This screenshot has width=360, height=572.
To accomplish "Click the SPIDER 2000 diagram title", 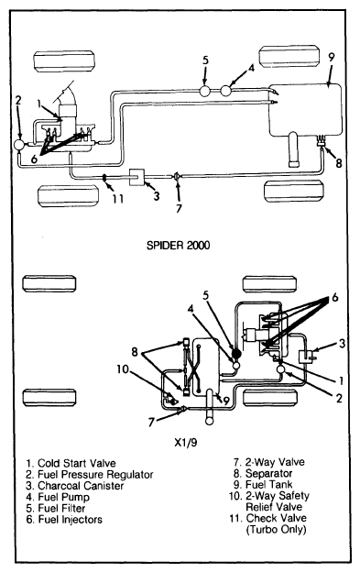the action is (179, 245).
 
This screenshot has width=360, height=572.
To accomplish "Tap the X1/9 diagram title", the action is (185, 443).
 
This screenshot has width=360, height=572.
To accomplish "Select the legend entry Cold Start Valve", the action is (71, 463).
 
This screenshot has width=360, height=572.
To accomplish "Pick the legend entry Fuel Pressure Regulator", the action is (90, 475).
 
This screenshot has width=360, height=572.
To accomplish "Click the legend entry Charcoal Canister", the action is (75, 486).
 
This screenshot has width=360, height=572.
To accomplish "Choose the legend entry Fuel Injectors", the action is (64, 520).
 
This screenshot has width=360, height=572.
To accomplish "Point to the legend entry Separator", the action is (263, 474).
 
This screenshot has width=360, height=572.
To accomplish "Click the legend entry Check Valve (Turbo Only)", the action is (268, 523).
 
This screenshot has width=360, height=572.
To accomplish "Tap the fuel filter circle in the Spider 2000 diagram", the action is (205, 91).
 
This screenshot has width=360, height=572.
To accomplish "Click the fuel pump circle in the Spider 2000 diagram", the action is (226, 91).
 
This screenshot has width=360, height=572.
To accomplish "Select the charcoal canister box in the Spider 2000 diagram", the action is (137, 177).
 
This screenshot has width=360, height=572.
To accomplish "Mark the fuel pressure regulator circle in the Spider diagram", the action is (19, 145).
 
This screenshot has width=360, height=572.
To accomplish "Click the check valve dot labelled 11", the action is (104, 178).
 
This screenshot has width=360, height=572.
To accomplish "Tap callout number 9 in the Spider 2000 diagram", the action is (331, 59).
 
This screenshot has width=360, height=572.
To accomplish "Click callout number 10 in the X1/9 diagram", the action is (123, 369).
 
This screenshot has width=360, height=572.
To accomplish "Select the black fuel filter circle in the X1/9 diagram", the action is (236, 353).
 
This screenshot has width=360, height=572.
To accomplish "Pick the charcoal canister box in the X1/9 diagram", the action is (304, 357).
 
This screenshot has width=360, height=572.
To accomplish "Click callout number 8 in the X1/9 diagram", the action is (136, 352).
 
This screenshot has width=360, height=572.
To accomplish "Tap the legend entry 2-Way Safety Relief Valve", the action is (269, 501).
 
